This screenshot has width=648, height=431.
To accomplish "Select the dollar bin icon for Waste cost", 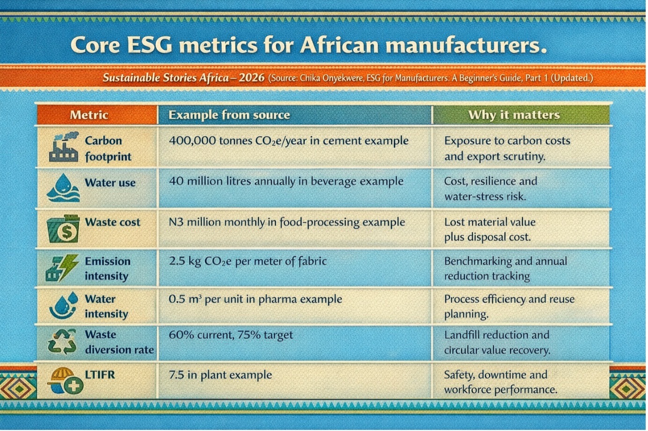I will click(x=64, y=228).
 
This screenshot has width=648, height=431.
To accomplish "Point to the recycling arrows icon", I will click(x=62, y=342).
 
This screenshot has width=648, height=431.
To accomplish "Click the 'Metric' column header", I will click(x=89, y=115).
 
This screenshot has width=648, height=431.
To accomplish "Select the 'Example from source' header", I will click(x=229, y=115).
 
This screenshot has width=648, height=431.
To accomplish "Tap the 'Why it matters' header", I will click(x=514, y=115).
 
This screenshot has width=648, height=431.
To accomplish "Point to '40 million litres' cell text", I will click(x=211, y=181).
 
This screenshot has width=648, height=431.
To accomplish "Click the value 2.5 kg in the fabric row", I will click(x=184, y=261).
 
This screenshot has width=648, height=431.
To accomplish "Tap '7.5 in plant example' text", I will click(x=220, y=375).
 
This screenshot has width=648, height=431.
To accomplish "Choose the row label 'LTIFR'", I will click(x=100, y=374).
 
